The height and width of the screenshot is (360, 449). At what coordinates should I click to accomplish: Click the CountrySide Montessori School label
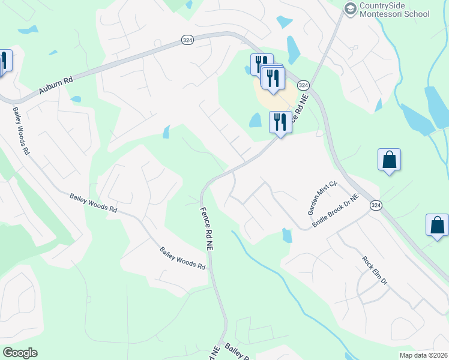(x=394, y=10)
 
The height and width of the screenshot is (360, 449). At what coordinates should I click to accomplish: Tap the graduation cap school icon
(x=350, y=8)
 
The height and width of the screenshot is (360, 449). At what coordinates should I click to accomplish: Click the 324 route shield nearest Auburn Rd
(x=187, y=40)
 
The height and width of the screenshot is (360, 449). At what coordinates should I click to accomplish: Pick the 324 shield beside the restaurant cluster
(x=303, y=85)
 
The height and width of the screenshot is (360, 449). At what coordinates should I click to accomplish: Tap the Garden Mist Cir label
(x=315, y=199)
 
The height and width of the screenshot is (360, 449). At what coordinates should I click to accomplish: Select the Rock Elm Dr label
(x=375, y=270)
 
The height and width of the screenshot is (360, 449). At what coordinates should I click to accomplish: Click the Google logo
(x=20, y=353)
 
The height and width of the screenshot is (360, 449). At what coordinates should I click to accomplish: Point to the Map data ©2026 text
(x=423, y=355)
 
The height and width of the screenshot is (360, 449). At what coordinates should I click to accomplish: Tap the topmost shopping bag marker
(x=389, y=160)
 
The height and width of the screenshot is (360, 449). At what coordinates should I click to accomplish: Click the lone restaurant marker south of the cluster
(x=280, y=122)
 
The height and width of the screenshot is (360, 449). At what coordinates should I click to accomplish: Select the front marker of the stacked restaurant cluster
(x=273, y=78)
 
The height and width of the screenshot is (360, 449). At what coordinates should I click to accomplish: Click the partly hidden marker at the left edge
(x=3, y=62)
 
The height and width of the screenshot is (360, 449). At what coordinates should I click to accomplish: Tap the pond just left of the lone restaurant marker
(x=256, y=121)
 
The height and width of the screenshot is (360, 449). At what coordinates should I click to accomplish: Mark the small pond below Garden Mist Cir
(x=287, y=235)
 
